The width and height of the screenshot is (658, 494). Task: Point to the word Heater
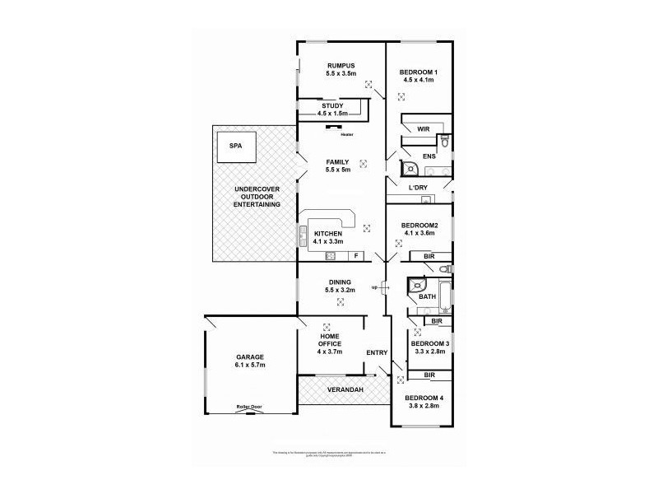point(346,134)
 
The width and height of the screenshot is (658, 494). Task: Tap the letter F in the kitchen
point(355,255)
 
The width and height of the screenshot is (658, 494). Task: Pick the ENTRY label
point(377,353)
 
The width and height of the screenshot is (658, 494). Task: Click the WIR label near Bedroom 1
point(423,129)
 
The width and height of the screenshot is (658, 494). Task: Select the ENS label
point(429,156)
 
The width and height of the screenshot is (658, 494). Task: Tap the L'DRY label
point(419,189)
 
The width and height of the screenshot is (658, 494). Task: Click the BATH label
point(427,296)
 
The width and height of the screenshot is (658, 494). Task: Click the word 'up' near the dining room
point(374,287)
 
